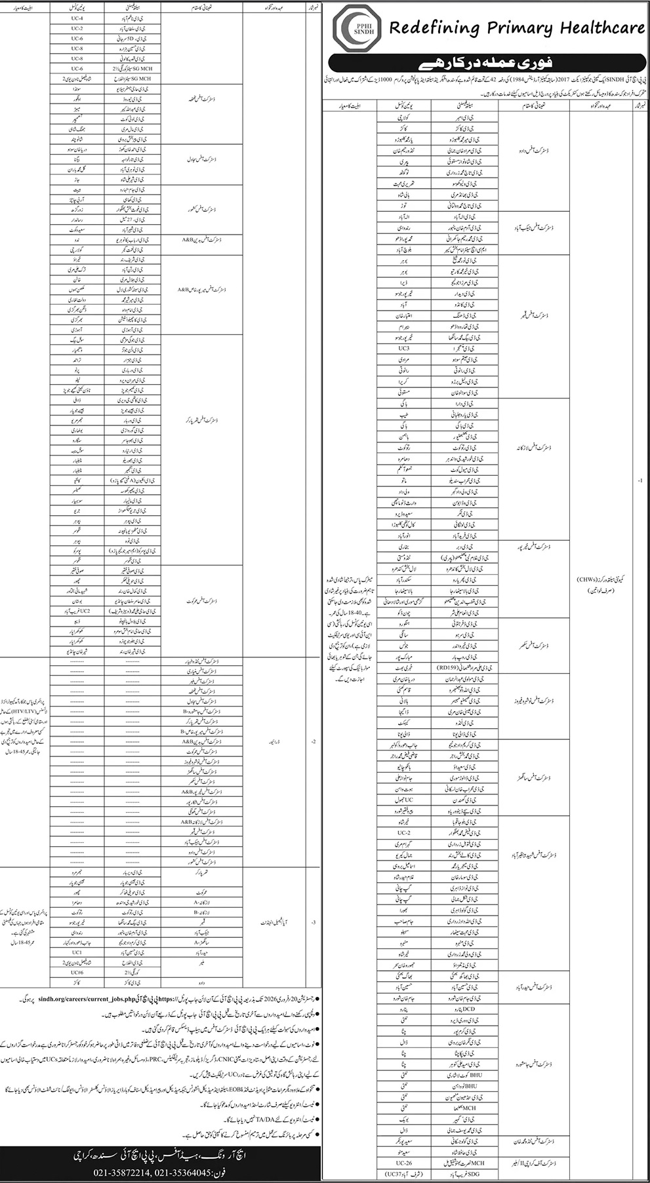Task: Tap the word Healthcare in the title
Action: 601,28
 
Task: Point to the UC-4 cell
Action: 77,18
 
